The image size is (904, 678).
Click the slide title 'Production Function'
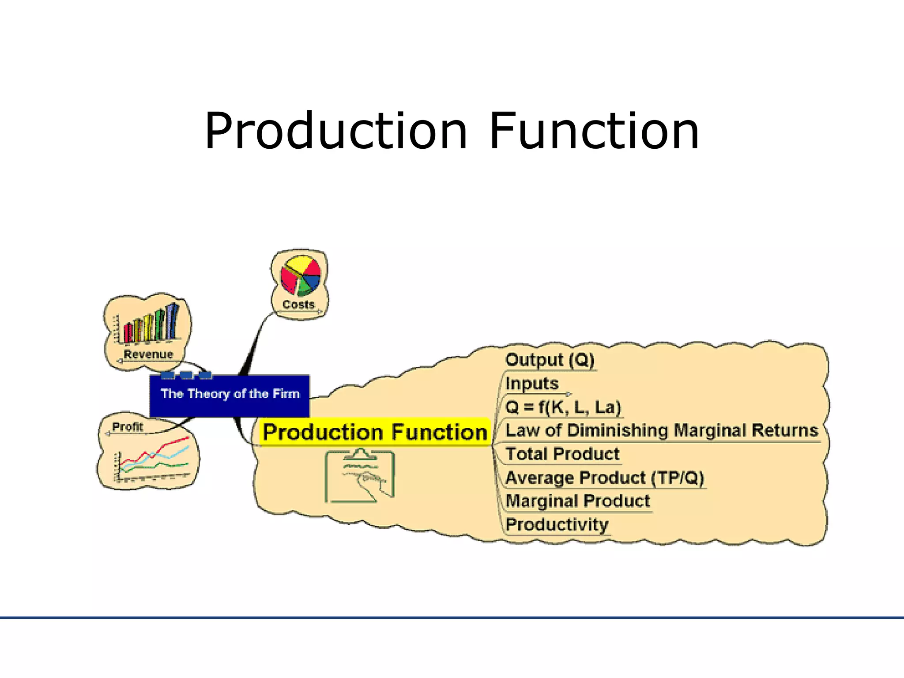click(x=452, y=131)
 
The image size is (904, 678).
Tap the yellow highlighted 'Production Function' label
click(x=375, y=432)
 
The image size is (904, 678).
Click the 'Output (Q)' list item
click(x=550, y=360)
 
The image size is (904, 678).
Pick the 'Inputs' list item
click(x=532, y=383)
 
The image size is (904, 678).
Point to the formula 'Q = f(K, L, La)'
click(x=563, y=407)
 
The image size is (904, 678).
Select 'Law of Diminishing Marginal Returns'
click(x=661, y=430)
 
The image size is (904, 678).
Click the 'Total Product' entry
click(x=562, y=454)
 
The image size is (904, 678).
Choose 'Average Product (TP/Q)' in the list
click(x=604, y=478)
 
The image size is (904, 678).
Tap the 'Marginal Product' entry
click(x=578, y=501)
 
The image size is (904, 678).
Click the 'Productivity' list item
click(x=557, y=524)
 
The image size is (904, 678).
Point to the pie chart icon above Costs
click(x=300, y=276)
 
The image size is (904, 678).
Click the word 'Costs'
click(x=298, y=305)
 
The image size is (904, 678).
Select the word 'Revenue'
click(x=148, y=354)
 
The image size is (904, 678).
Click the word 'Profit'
click(x=128, y=427)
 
